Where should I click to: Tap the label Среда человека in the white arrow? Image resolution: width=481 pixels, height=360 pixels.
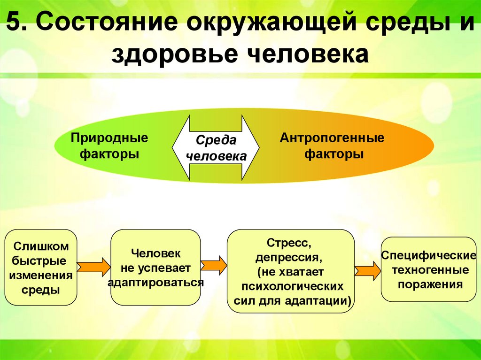pos(216,148)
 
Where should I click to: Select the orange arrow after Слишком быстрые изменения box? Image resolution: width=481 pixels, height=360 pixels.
pos(93,267)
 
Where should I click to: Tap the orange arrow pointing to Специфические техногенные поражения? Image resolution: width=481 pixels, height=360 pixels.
pos(367,271)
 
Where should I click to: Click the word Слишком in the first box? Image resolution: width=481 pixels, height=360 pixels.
pos(41,246)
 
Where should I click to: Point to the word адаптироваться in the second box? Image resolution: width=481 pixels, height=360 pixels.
pos(155,283)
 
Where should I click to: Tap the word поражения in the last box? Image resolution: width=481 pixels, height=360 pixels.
pos(430,284)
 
